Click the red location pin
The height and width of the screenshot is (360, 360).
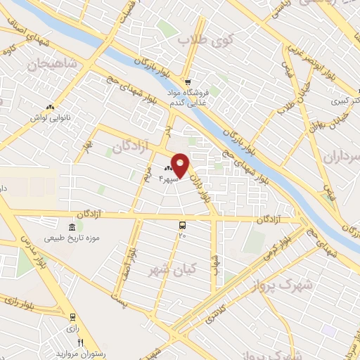tap(180, 165)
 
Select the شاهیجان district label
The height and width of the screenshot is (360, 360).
tap(51, 64)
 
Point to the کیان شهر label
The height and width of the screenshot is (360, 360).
tap(172, 268)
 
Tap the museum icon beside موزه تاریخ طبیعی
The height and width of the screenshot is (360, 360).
tap(73, 226)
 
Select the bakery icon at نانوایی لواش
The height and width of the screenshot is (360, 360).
tap(50, 107)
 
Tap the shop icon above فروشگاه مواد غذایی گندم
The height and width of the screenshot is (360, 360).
tap(186, 81)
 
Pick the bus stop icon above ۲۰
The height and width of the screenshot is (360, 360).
tap(183, 226)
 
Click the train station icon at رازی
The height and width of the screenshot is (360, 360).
tap(72, 317)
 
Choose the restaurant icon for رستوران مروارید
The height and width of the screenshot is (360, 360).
tap(81, 342)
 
